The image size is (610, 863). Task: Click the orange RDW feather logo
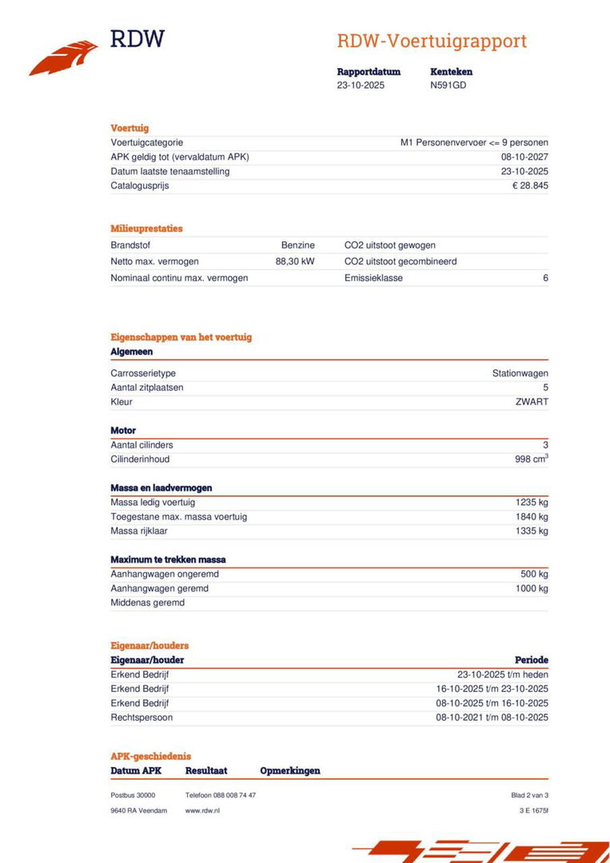(63, 58)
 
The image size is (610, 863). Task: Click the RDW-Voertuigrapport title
(431, 41)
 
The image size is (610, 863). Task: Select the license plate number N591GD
(448, 86)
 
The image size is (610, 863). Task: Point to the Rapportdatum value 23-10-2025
(361, 86)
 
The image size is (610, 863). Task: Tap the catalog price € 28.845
(530, 185)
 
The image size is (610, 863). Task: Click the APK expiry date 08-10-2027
(524, 157)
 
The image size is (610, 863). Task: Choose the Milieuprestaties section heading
(146, 229)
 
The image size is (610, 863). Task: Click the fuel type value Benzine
(297, 245)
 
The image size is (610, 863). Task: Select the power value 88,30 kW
(294, 261)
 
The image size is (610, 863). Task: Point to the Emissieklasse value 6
(545, 278)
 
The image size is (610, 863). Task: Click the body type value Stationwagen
(520, 373)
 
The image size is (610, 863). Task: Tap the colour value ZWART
(532, 402)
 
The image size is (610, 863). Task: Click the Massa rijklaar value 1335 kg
(532, 531)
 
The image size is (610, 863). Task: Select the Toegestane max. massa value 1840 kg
(532, 517)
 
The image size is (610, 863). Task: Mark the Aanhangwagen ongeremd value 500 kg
(534, 575)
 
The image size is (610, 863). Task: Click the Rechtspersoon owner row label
(142, 718)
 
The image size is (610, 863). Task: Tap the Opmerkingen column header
(289, 771)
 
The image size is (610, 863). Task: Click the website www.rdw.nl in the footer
(202, 810)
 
